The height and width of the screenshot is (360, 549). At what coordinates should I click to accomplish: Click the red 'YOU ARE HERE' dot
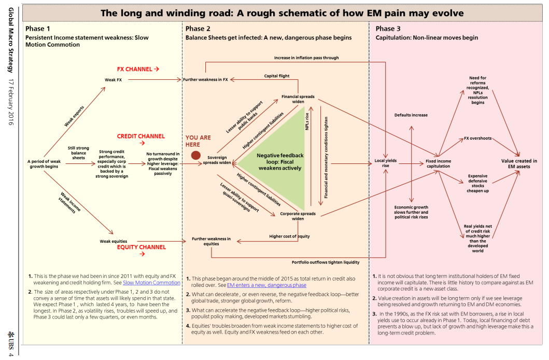pos(196,155)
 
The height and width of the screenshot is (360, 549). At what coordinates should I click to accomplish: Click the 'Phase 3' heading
pos(388,29)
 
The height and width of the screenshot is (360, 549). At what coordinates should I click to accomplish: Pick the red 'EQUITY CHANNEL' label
pos(141,247)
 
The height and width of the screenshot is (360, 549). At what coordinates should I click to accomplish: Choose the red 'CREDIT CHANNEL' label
pos(141,136)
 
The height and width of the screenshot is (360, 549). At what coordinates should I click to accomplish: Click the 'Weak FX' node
pos(114,79)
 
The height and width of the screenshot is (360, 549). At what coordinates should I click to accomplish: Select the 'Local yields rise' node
pos(385,163)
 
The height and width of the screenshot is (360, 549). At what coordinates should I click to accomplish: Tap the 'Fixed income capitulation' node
pos(438,163)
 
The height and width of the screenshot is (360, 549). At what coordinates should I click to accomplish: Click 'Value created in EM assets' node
pos(519,164)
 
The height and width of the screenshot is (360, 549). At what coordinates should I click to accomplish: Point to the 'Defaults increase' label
pos(411,115)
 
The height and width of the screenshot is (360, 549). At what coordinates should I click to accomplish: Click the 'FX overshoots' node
pos(477,139)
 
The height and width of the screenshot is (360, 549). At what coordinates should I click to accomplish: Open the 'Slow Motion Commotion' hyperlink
pos(151,283)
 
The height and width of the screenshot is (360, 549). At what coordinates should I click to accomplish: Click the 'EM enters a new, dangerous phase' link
pos(266,285)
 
